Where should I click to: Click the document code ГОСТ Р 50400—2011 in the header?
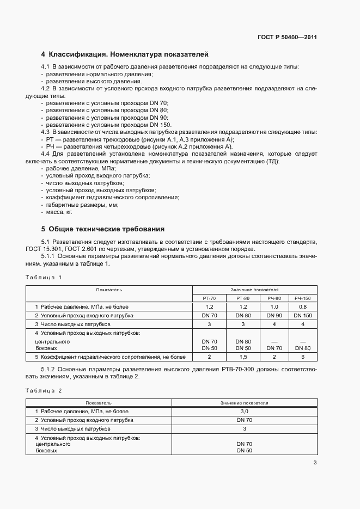tap(287, 38)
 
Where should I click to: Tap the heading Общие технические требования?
tap(106, 229)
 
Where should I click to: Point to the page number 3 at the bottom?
tap(315, 463)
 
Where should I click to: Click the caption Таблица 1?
tap(44, 277)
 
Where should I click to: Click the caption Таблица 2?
tap(44, 390)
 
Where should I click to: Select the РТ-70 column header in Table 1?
tap(210, 298)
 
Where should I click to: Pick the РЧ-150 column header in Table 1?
tap(302, 298)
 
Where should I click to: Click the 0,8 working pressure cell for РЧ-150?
tap(302, 307)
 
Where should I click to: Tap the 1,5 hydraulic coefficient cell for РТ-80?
tap(243, 357)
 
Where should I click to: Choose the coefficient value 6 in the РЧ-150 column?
tap(302, 357)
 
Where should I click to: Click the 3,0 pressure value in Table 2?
tap(244, 412)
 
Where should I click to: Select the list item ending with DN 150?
tap(108, 125)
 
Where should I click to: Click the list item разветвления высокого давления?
tap(86, 81)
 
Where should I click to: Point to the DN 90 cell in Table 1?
tap(273, 315)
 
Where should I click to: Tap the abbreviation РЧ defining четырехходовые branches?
tap(51, 146)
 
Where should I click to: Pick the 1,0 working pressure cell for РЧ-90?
tap(273, 307)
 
